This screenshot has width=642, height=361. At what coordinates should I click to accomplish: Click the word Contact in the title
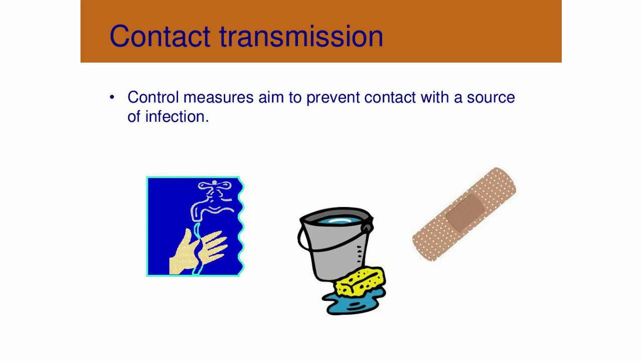pyautogui.click(x=159, y=36)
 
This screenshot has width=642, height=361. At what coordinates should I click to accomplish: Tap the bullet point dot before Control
pyautogui.click(x=112, y=97)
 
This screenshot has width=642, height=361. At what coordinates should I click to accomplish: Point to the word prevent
pyautogui.click(x=333, y=97)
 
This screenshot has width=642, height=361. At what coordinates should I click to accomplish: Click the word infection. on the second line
pyautogui.click(x=177, y=116)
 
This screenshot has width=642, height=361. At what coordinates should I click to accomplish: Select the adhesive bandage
pyautogui.click(x=464, y=214)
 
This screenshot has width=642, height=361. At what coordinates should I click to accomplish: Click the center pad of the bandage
pyautogui.click(x=465, y=213)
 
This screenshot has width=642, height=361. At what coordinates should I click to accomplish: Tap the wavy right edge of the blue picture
pyautogui.click(x=241, y=226)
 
